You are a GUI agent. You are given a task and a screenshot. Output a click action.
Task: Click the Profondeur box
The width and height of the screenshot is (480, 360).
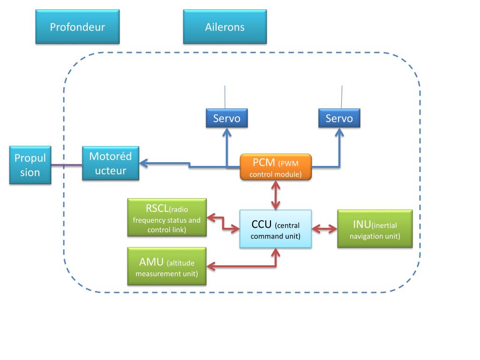[77, 27]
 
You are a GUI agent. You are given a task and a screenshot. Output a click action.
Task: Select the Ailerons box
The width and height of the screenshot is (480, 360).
[225, 27]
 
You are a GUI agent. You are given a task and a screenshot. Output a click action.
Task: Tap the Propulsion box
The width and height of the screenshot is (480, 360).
[30, 165]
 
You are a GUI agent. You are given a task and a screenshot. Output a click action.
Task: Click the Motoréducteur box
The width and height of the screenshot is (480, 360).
[111, 163]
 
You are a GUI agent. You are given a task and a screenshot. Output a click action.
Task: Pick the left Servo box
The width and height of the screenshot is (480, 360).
[226, 118]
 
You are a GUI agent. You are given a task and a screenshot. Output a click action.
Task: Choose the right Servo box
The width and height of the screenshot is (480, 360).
[339, 118]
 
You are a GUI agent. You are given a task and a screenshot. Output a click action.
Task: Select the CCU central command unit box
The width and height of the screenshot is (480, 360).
[276, 229]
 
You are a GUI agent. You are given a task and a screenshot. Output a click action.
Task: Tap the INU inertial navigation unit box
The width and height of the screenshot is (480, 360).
[375, 229]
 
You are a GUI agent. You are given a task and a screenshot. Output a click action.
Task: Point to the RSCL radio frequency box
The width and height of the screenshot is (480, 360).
[167, 217]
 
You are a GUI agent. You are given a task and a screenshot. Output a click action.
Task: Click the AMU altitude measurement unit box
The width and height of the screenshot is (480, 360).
[167, 266]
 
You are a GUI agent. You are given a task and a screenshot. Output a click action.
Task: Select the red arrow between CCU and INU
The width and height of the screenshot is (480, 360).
[325, 229]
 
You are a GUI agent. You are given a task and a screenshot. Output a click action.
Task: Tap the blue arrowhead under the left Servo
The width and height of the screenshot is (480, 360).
[226, 133]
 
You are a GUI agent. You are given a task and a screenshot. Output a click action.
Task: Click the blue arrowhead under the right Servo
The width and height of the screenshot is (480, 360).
[339, 133]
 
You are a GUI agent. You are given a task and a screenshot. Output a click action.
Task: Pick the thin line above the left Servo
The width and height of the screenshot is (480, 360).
[225, 97]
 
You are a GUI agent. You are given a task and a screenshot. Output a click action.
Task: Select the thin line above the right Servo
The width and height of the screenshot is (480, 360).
[342, 97]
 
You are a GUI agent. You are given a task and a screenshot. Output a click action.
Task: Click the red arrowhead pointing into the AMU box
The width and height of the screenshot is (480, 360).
[211, 267]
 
